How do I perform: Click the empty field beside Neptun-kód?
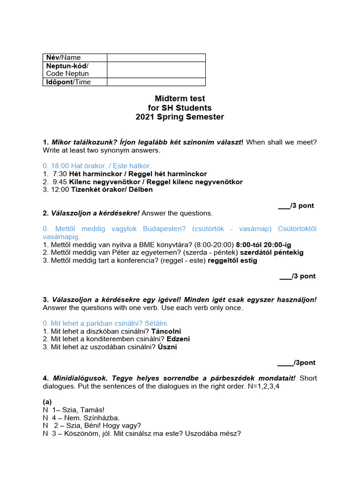156,70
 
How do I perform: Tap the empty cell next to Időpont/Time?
156,82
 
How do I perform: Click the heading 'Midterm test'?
180,98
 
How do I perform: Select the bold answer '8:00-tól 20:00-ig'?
266,245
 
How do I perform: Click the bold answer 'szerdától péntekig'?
272,253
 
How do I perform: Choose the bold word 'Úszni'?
167,347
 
